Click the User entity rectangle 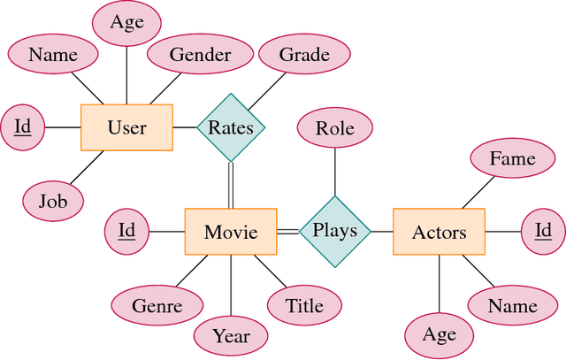pos(126,127)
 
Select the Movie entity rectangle pos(230,232)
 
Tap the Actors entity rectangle pos(439,232)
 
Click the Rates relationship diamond pos(230,127)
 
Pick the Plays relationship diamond pos(334,231)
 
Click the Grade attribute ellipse pos(304,55)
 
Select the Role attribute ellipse pos(334,129)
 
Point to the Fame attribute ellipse pos(513,159)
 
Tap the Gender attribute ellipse pos(200,55)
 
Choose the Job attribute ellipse pos(53,201)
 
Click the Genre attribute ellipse pos(157,306)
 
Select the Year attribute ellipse pos(231,336)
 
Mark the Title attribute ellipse pos(304,306)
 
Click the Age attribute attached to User pos(126,22)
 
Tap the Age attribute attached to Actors pos(439,335)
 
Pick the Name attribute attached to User pos(53,55)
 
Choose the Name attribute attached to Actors pos(513,306)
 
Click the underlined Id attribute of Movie pos(126,232)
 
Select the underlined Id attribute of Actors pos(542,232)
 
